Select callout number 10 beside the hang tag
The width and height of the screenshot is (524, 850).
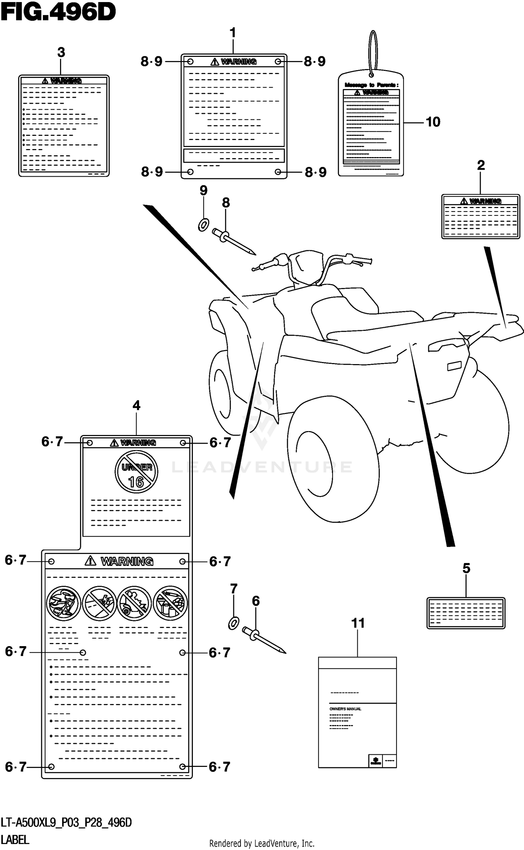(433, 122)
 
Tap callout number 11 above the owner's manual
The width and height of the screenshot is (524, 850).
(358, 623)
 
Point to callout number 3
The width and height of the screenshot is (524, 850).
(61, 53)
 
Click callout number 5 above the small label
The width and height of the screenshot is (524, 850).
(466, 568)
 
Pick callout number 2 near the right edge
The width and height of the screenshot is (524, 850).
(481, 165)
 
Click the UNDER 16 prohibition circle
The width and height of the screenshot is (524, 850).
(136, 472)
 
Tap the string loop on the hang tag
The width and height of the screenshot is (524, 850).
(373, 52)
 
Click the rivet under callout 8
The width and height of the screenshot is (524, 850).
(234, 241)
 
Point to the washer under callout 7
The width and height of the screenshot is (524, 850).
(234, 623)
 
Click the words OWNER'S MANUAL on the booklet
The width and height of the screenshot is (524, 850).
(345, 709)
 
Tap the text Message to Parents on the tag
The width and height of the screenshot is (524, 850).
(371, 85)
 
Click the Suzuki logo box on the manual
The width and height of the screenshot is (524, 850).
(376, 761)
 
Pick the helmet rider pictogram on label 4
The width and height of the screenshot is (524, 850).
(63, 603)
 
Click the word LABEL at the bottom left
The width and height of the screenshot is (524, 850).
(15, 840)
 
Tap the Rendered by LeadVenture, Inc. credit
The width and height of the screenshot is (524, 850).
(262, 844)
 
